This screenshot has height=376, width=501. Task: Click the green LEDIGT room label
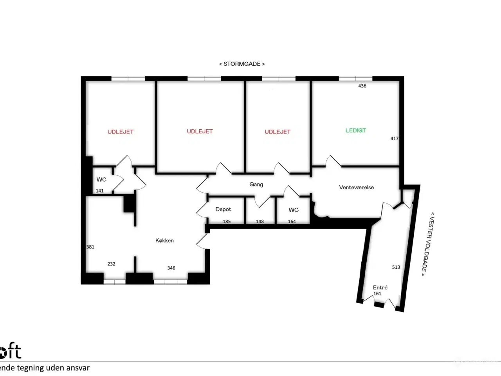point(355,130)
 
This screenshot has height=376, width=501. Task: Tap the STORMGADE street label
point(241,64)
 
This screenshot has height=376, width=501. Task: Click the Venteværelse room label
point(356,187)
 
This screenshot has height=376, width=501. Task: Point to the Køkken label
point(164,240)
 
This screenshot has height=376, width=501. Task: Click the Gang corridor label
point(256,184)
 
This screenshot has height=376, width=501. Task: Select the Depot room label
point(223,210)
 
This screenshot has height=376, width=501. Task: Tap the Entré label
point(380,287)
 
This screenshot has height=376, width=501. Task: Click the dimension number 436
point(362,86)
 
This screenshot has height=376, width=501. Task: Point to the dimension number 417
point(394,139)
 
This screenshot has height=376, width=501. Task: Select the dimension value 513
point(396,267)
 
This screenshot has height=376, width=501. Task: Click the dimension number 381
point(90,247)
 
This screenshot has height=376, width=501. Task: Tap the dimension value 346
point(171,268)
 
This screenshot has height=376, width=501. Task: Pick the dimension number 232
point(111,264)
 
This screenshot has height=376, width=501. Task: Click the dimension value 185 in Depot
point(226,222)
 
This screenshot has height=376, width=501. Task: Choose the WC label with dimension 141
point(101,180)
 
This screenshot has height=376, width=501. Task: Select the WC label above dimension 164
point(294,210)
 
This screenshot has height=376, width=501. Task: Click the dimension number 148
point(260,222)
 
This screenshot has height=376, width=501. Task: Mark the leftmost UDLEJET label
point(121,132)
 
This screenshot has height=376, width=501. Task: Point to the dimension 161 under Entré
point(377,294)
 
